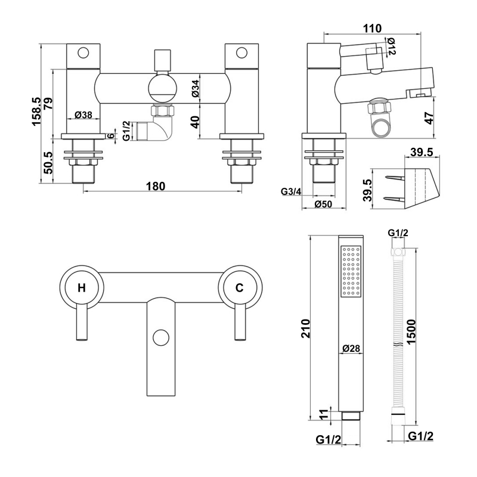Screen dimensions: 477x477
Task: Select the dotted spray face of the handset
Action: (351, 271)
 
